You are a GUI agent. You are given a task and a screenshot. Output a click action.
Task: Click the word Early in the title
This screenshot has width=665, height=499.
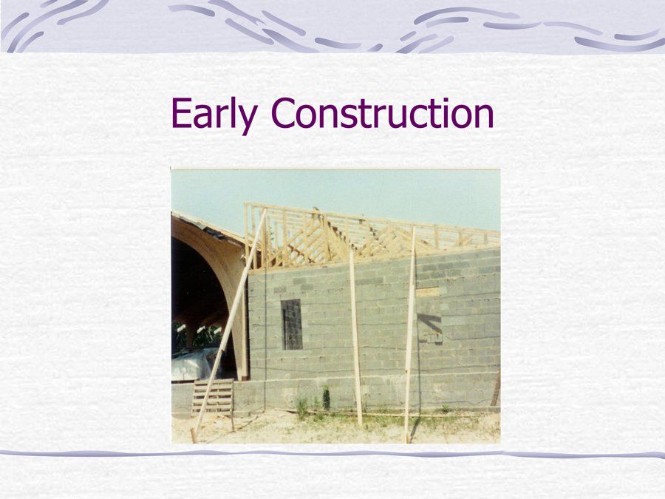214,115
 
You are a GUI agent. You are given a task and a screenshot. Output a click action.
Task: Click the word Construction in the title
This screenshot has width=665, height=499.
382,112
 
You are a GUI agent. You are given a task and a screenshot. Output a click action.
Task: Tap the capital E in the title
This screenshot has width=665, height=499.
181,112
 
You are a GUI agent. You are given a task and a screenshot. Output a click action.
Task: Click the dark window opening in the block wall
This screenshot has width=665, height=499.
292,325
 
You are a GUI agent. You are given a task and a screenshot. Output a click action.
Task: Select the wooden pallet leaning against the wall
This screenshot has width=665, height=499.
213,396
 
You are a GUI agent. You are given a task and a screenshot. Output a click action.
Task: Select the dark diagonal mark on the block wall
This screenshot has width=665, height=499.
429,322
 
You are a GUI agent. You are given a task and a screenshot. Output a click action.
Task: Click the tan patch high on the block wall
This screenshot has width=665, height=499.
428,292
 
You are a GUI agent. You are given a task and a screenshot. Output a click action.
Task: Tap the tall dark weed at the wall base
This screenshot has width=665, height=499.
326,398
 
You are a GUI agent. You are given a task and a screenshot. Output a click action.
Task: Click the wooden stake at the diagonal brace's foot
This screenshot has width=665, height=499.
194,435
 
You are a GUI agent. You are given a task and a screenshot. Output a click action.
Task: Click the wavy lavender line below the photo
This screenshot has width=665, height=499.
332,455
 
